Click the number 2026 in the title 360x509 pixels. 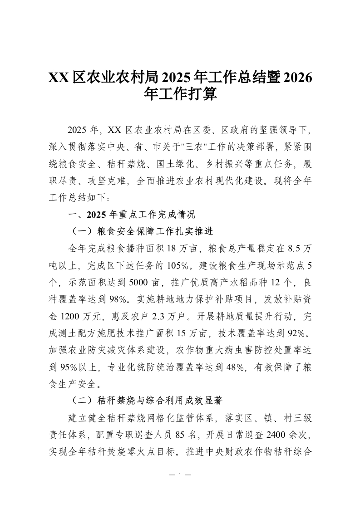click(297, 77)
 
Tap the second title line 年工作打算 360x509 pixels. click(180, 94)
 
